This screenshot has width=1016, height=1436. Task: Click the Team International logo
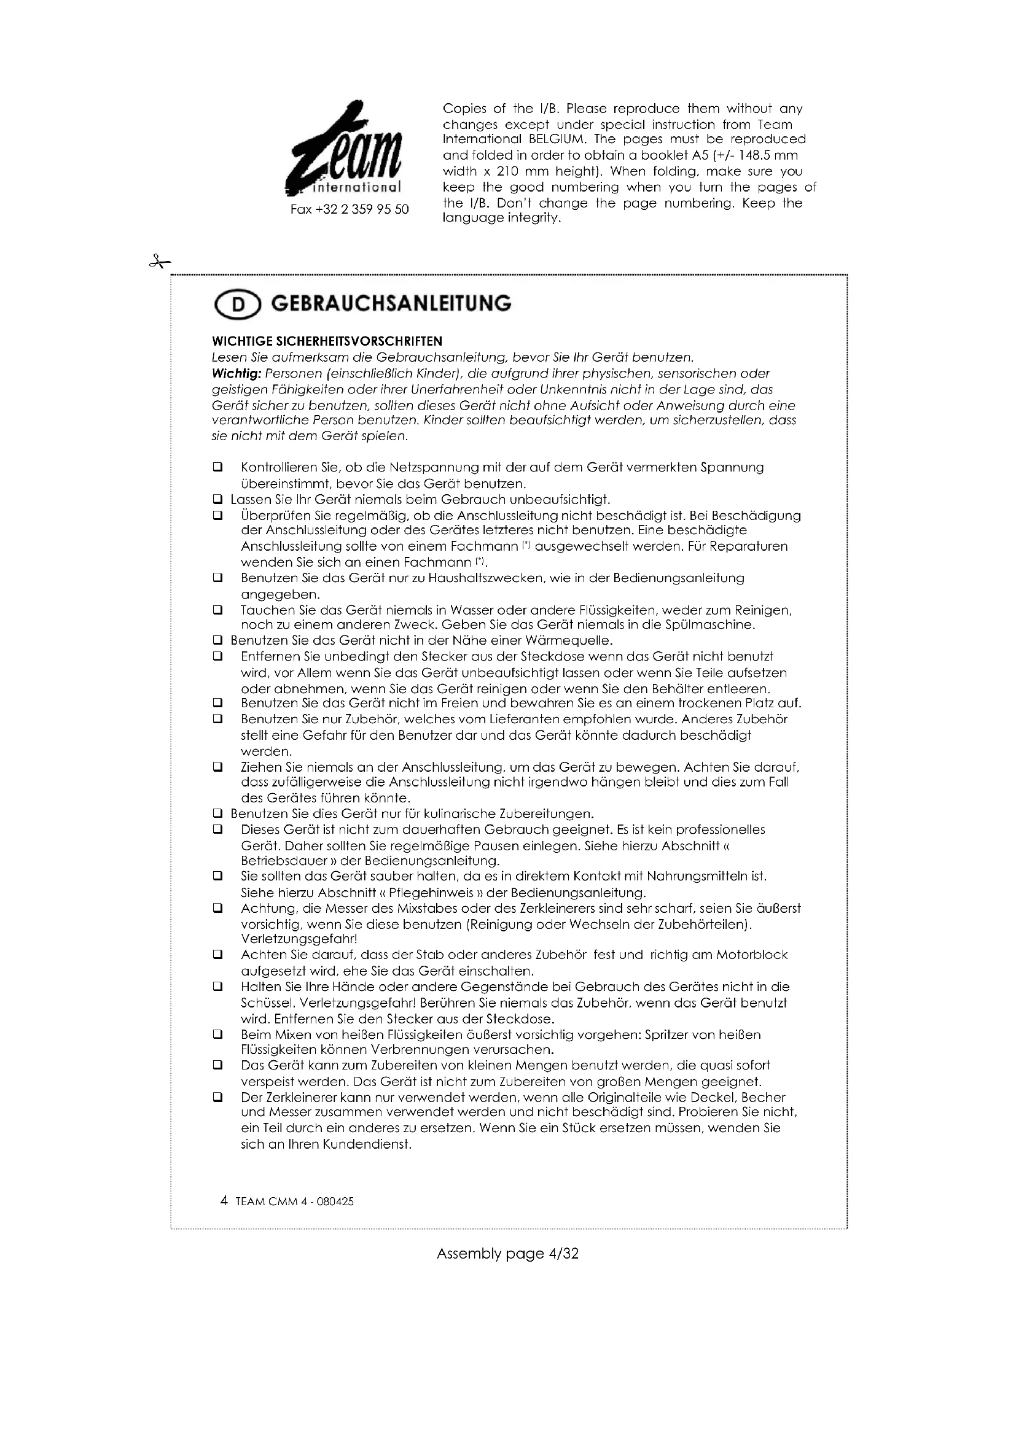tap(343, 150)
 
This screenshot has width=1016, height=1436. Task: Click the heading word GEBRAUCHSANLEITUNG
tap(391, 304)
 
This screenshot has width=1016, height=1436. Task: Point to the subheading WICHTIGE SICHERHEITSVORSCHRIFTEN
tap(327, 341)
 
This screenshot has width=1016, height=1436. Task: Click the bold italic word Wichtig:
tap(236, 374)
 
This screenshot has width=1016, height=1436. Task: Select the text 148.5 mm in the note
tap(769, 156)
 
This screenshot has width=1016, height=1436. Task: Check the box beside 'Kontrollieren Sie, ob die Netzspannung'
tap(217, 467)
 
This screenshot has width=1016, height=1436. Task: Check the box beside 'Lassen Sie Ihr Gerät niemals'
tap(217, 500)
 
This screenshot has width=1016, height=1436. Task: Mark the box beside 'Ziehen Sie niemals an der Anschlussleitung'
tap(217, 767)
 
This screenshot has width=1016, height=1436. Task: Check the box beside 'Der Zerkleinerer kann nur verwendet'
tap(217, 1097)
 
